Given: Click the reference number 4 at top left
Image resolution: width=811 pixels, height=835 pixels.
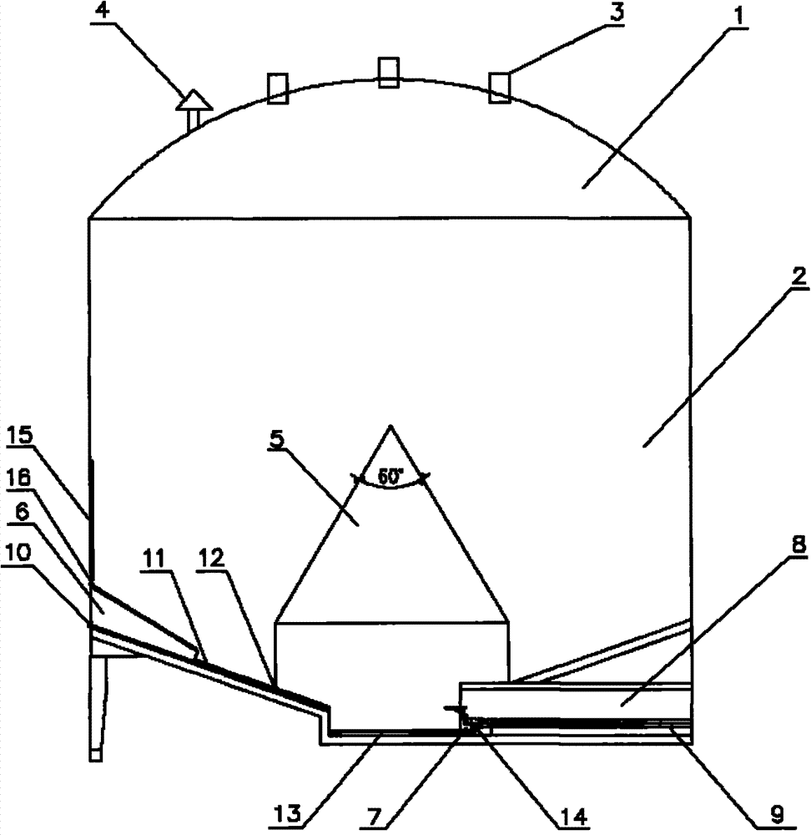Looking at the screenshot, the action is click(x=103, y=12).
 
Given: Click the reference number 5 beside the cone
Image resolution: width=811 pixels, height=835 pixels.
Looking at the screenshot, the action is click(x=279, y=440).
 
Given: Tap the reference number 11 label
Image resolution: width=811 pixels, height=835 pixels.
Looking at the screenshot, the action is click(x=154, y=561).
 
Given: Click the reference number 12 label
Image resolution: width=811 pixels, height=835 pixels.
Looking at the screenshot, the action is click(x=211, y=559).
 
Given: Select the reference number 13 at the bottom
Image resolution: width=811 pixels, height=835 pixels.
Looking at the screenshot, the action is click(x=289, y=813).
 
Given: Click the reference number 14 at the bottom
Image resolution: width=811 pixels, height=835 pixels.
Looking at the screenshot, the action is click(x=574, y=815).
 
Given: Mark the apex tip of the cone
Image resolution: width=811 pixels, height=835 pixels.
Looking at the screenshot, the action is click(x=390, y=425).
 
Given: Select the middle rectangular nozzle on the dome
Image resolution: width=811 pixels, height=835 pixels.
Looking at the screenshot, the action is click(x=389, y=72).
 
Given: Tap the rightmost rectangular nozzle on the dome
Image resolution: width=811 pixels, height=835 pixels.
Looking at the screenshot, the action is click(x=500, y=88).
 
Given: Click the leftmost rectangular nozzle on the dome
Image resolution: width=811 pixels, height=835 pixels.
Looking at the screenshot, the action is click(x=277, y=89).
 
